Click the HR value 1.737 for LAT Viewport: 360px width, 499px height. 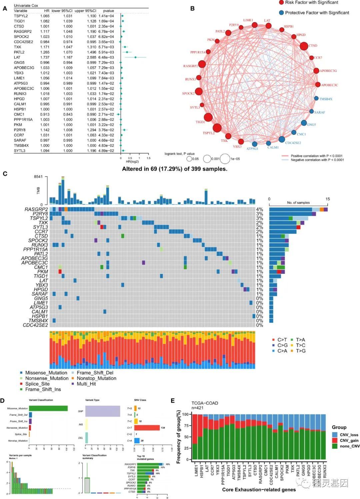[45, 57]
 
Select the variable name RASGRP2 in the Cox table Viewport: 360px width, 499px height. [23, 31]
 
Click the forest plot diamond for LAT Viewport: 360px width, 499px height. [135, 57]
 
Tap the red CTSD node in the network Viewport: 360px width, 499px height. [304, 46]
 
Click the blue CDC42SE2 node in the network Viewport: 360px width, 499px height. [282, 139]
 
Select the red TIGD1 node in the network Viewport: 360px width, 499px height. [208, 117]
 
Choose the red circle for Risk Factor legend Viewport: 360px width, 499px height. [281, 3]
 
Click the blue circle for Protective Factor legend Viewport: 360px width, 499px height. [281, 13]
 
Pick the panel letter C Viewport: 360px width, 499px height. [5, 174]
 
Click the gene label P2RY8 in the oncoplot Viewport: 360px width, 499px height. [40, 214]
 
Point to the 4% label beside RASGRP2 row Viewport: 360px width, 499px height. [259, 210]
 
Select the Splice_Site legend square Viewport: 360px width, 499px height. [22, 384]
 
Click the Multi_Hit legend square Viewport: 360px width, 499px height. [73, 384]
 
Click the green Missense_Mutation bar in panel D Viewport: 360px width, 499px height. [48, 408]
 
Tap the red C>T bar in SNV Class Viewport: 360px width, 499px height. [147, 428]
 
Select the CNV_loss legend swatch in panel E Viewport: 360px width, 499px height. [335, 435]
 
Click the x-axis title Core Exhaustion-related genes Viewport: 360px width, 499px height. [259, 490]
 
